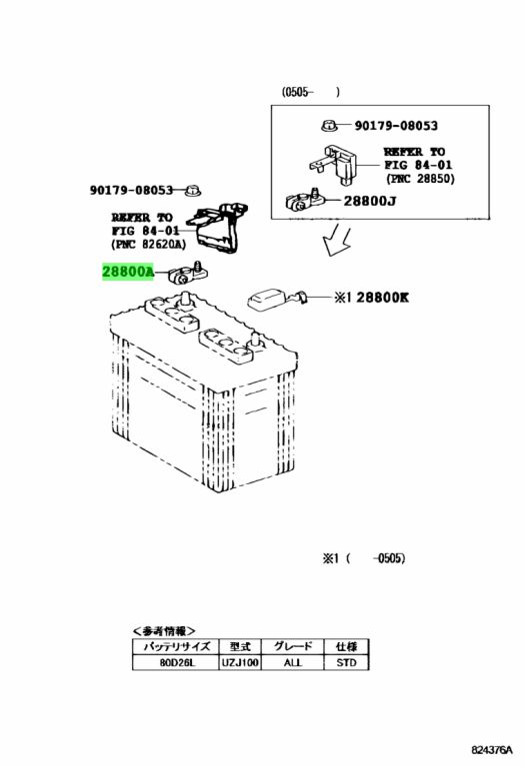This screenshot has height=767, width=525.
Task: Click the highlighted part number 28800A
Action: coord(128,271)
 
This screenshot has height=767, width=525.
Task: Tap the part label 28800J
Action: coord(370,201)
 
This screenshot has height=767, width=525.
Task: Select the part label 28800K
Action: coord(382,297)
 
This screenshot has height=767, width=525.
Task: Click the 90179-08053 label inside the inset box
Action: coord(396,125)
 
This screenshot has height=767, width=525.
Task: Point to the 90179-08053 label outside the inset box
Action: coord(131,190)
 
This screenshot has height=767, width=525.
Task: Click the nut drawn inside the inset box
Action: coord(329,126)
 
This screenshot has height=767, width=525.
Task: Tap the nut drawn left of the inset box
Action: coord(192,190)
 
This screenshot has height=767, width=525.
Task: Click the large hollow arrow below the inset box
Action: coord(337,240)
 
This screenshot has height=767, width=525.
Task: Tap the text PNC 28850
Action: coord(420,179)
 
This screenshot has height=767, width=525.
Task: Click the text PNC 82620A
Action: coord(148,244)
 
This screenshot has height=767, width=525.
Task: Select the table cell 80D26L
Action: coord(175,663)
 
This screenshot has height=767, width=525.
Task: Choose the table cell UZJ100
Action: coord(239,663)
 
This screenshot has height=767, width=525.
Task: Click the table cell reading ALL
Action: coord(292,663)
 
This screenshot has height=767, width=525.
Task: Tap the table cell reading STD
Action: coord(346,663)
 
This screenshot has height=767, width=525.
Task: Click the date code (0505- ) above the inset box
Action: coord(310,92)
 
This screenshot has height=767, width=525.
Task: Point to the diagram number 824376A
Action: coord(492,750)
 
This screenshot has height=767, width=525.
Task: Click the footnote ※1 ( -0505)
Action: coord(364,558)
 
